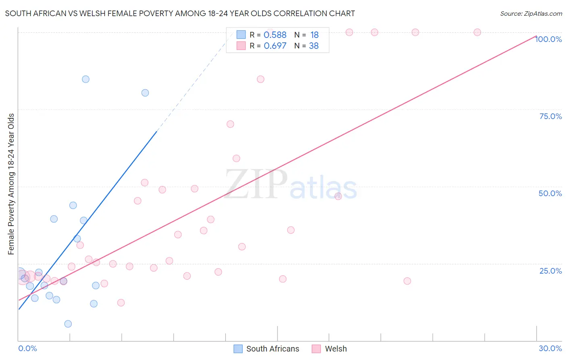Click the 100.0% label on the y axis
pyautogui.click(x=548, y=39)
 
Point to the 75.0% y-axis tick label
pyautogui.click(x=550, y=116)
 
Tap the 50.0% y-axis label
pyautogui.click(x=550, y=193)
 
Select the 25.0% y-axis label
pyautogui.click(x=550, y=271)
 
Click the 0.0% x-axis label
pyautogui.click(x=27, y=348)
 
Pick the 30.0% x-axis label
pyautogui.click(x=550, y=348)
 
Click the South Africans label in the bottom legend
pyautogui.click(x=273, y=349)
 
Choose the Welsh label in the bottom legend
pyautogui.click(x=336, y=349)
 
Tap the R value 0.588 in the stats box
pyautogui.click(x=275, y=35)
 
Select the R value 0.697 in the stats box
pyautogui.click(x=275, y=46)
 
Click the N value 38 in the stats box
pyautogui.click(x=314, y=46)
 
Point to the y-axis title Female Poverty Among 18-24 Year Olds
pyautogui.click(x=11, y=184)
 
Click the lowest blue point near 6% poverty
pyautogui.click(x=68, y=324)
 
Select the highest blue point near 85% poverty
pyautogui.click(x=85, y=79)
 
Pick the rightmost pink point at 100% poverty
pyautogui.click(x=477, y=32)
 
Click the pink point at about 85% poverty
pyautogui.click(x=261, y=79)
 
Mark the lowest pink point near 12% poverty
pyautogui.click(x=121, y=303)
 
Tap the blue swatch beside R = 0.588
pyautogui.click(x=241, y=35)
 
